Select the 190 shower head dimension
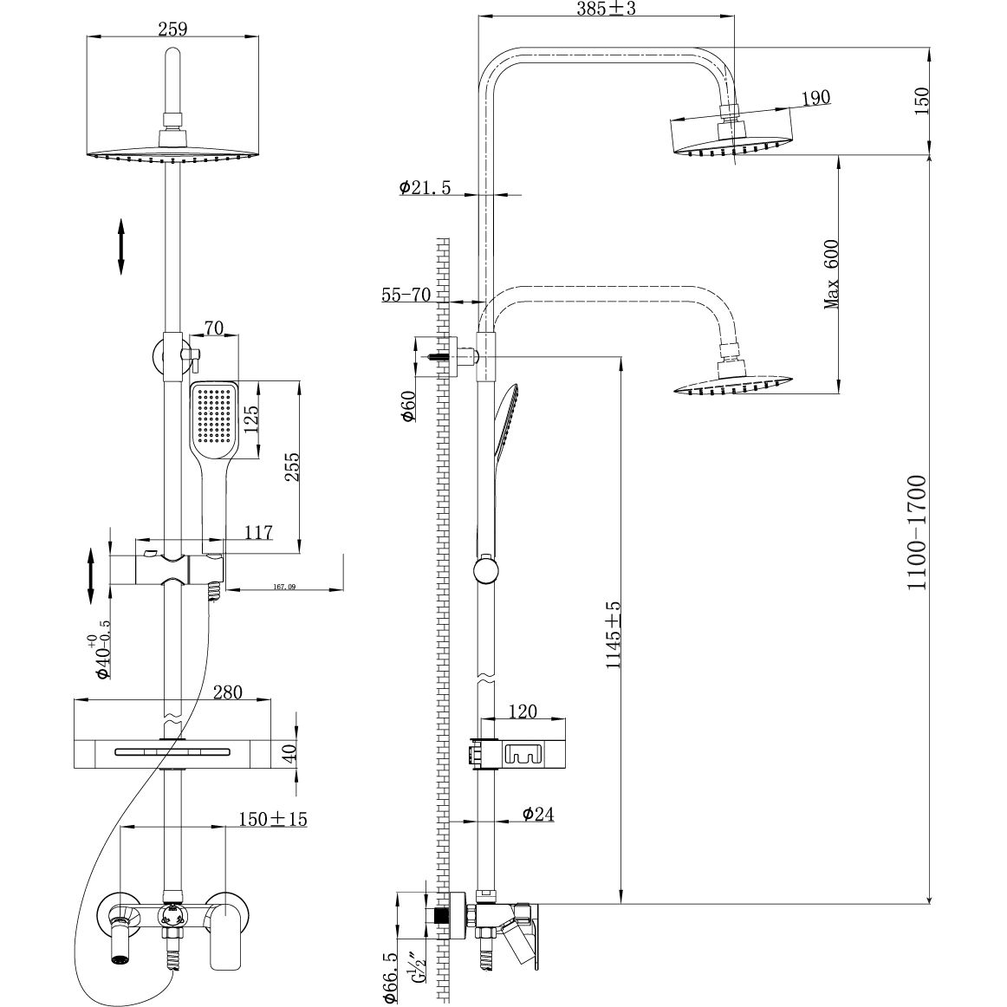coord(815,97)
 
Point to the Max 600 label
coord(833,274)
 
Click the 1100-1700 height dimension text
coord(916,531)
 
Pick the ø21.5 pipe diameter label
coord(426,188)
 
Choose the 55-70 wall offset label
coord(406,295)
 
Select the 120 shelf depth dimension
coord(523,711)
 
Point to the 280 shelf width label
coord(227,692)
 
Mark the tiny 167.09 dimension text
coord(284,587)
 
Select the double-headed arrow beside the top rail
coord(121,247)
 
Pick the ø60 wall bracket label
coord(407,406)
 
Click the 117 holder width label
coord(258,533)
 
